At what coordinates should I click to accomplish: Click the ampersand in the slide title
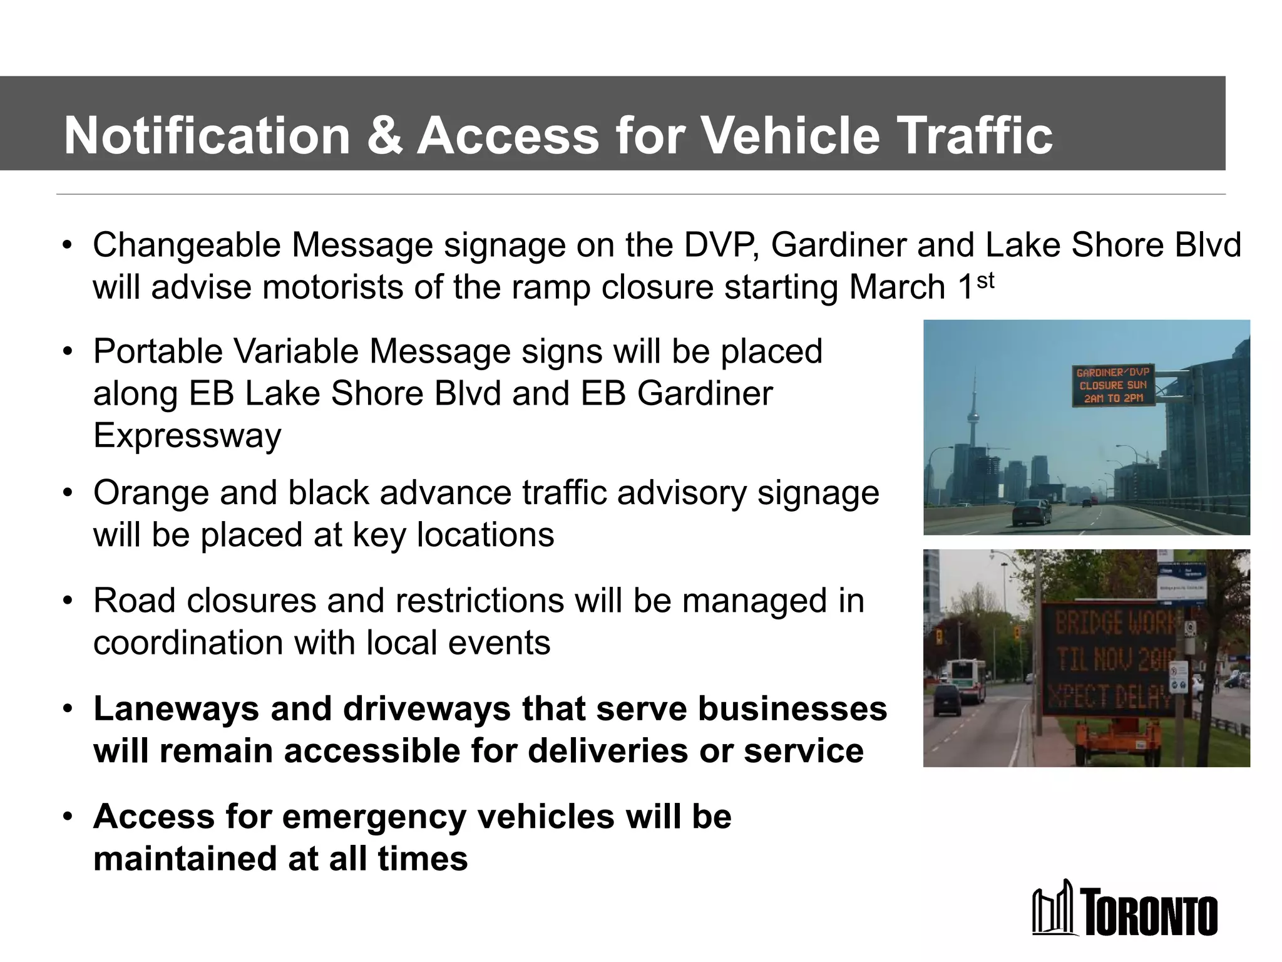point(384,136)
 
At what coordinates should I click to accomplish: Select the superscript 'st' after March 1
point(985,281)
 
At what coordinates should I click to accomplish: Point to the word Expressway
point(187,436)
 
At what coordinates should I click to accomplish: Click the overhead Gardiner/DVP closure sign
point(1112,385)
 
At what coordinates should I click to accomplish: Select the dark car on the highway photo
point(1031,512)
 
